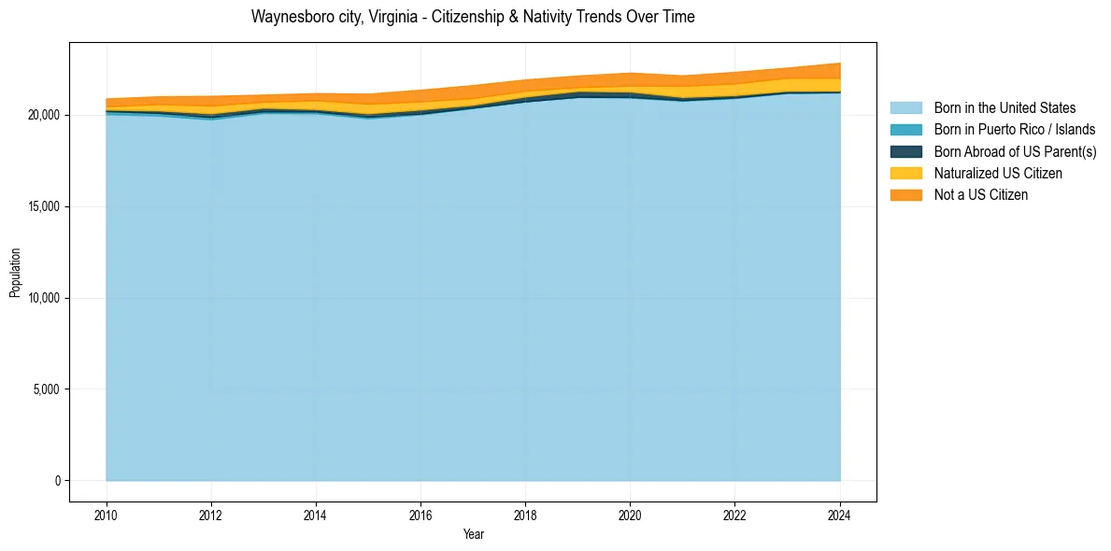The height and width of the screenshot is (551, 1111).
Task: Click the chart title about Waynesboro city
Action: click(x=473, y=17)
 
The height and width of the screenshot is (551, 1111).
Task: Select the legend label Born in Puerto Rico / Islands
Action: click(x=1015, y=130)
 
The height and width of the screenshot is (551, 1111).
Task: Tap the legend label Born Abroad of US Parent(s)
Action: click(x=1015, y=151)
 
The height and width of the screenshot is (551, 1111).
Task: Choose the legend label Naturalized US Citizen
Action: click(x=998, y=174)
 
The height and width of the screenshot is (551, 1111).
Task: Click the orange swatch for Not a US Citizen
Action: click(x=905, y=195)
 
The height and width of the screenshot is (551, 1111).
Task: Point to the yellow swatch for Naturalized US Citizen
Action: click(x=905, y=174)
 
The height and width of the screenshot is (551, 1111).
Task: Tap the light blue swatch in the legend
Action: click(x=905, y=108)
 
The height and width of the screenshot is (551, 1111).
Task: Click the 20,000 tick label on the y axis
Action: click(x=43, y=115)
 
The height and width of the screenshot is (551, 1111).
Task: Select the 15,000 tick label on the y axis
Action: click(x=43, y=206)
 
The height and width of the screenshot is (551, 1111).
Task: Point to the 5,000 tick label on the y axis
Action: click(x=46, y=389)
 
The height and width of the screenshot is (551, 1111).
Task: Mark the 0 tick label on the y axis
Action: click(x=57, y=481)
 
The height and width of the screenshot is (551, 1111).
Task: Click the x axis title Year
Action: click(x=473, y=534)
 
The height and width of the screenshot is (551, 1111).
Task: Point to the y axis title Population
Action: click(x=15, y=273)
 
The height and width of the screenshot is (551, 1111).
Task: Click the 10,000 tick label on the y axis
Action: click(x=43, y=298)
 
